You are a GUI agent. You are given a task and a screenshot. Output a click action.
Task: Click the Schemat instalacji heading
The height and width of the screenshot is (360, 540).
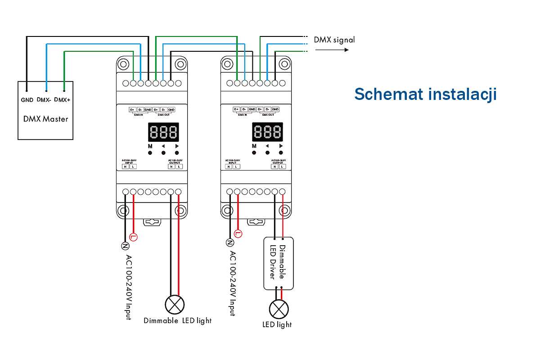tap(425, 94)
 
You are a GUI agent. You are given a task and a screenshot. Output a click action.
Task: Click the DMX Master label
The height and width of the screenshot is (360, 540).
tap(45, 119)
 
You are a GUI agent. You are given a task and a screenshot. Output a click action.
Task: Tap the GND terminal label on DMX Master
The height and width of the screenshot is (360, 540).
tap(27, 100)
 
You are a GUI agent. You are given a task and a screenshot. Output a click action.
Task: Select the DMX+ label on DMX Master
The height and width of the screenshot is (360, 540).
tap(62, 100)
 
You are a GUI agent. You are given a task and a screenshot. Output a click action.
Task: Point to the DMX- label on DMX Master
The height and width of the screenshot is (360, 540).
tap(44, 100)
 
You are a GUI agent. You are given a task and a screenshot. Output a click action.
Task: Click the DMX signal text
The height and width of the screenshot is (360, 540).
tap(334, 40)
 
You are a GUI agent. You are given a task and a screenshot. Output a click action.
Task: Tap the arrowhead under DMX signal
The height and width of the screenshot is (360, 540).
tap(346, 49)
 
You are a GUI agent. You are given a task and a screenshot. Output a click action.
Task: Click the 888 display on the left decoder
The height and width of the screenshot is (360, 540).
tap(163, 132)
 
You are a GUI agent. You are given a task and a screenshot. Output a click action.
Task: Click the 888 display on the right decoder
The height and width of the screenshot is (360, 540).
tap(267, 132)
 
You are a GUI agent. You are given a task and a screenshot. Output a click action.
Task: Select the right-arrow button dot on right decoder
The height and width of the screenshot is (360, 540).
tap(281, 153)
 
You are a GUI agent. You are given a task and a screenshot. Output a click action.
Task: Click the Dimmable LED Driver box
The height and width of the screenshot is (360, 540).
tap(278, 263)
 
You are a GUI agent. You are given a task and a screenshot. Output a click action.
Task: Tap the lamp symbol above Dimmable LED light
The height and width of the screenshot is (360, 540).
tap(175, 305)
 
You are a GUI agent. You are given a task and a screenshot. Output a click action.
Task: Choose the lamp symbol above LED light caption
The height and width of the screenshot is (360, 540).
tap(279, 309)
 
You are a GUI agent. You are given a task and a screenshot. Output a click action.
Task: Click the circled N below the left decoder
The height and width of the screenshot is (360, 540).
tap(126, 245)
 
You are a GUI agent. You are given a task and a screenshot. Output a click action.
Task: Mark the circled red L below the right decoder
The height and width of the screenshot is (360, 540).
tap(238, 234)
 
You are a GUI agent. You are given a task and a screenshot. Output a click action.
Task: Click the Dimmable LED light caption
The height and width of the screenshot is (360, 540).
tap(177, 321)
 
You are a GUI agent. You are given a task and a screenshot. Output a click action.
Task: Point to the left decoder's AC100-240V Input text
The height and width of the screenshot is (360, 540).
tap(128, 288)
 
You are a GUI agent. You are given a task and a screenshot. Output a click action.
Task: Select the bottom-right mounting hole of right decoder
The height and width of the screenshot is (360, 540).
tap(284, 210)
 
